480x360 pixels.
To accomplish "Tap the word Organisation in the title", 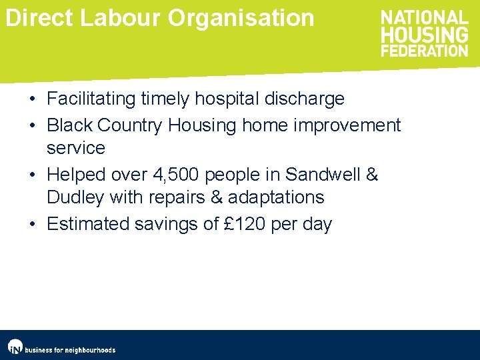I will [x=241, y=18].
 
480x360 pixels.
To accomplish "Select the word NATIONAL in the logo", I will [x=425, y=18].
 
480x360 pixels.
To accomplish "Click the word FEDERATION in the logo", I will [x=425, y=50].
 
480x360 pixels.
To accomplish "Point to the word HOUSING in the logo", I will [x=425, y=34].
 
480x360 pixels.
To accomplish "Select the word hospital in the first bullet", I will [x=227, y=99].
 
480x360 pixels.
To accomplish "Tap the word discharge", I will [x=305, y=99].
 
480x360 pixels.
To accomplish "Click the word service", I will [x=76, y=147].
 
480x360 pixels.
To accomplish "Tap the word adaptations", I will [x=276, y=197].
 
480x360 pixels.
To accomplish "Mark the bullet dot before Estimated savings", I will [x=32, y=224].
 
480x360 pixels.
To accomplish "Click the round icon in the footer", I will [x=15, y=347].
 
